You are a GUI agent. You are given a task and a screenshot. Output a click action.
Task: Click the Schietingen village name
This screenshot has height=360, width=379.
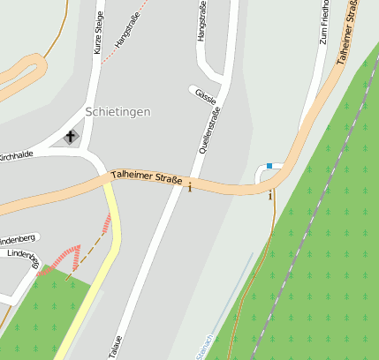[x=118, y=112]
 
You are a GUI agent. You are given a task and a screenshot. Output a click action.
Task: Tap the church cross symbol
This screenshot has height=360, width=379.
[x=71, y=137]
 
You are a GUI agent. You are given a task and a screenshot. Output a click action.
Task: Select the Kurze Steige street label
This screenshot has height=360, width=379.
[x=98, y=34]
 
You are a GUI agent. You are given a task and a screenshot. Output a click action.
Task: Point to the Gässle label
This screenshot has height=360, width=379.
[x=205, y=96]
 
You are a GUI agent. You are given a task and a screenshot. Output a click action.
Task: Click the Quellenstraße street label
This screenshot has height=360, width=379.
[x=210, y=128]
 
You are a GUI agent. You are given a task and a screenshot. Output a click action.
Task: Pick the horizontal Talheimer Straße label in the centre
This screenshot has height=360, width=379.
[x=147, y=179]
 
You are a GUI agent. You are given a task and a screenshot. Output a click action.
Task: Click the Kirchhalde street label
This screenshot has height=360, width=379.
[x=15, y=154]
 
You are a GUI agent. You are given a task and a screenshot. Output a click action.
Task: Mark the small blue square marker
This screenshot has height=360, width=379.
[x=269, y=166]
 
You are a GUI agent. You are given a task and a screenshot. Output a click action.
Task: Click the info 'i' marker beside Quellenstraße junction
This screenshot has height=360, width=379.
[x=189, y=186]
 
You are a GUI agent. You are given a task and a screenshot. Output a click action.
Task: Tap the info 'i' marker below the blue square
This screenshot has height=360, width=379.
[x=270, y=196]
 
